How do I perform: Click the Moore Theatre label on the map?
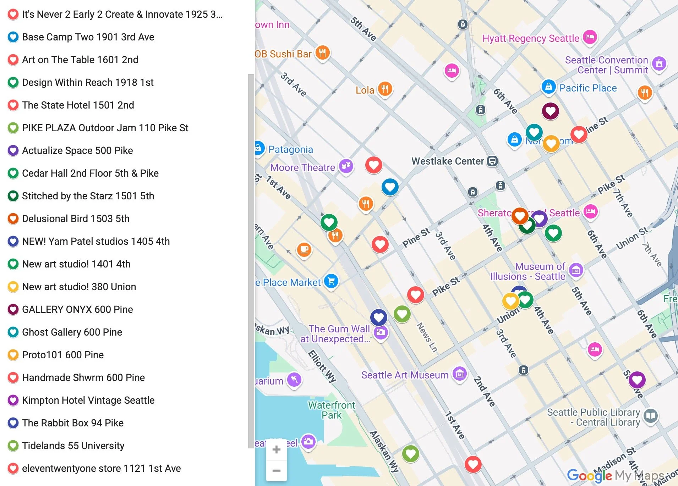point(302,167)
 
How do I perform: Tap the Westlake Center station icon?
point(492,161)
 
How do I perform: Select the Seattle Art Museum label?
point(405,375)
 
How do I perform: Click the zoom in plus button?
point(276,450)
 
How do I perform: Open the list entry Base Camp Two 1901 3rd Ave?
point(88,37)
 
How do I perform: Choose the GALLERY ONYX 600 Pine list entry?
point(77,309)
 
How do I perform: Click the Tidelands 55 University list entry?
point(73,446)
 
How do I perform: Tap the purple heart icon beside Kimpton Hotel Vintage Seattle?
point(13,400)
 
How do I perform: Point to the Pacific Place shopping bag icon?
point(548,87)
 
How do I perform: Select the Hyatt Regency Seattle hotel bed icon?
point(590,37)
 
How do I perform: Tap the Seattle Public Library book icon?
point(651,415)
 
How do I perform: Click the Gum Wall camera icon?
point(381,332)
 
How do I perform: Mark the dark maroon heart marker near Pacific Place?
point(550,111)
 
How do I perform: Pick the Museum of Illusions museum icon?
point(576,270)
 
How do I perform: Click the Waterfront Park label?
point(331,410)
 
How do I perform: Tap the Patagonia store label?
point(290,149)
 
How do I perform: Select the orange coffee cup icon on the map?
point(304,249)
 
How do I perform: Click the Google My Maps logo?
point(616,475)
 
